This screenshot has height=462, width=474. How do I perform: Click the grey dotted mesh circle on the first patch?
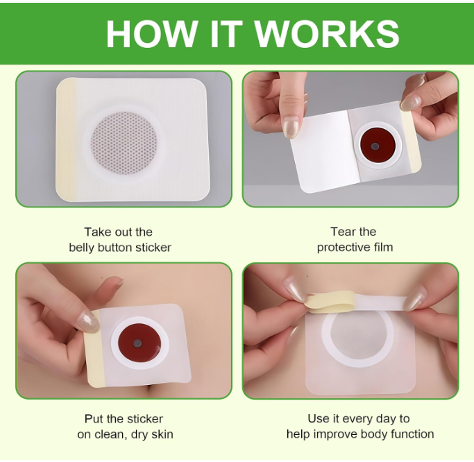[x=124, y=144]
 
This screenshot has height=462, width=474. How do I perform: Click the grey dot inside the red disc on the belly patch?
[x=137, y=343]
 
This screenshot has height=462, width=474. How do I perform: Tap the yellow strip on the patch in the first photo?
[x=65, y=139]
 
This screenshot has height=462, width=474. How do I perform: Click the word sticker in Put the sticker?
[x=145, y=419]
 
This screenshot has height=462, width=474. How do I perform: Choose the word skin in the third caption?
[x=162, y=434]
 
